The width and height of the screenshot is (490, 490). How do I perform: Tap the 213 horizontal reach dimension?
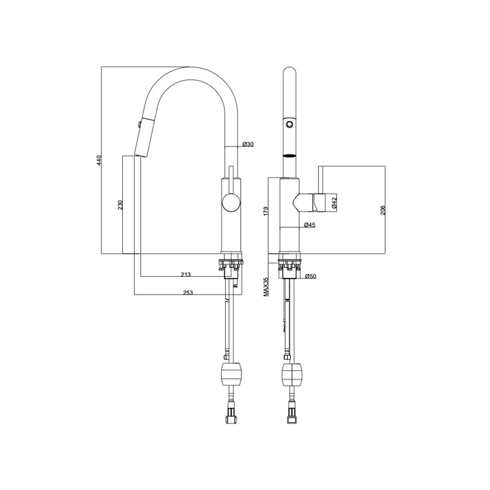coord(186,274)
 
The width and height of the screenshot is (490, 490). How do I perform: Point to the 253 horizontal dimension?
coord(188,292)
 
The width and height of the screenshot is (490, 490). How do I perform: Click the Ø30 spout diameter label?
coord(248,144)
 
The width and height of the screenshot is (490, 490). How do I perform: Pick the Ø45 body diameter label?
coord(310,225)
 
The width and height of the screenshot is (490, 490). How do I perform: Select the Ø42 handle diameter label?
coord(334,203)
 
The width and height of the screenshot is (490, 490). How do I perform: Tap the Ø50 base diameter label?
coord(311,276)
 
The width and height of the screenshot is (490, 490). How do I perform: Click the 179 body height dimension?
coord(266,211)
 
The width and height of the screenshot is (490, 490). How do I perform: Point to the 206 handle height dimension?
coord(382,209)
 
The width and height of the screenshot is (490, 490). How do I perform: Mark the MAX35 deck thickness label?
coord(266,286)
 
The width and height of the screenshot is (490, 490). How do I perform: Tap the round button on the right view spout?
coord(290,123)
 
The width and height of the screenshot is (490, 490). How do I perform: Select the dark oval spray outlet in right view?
coord(290,156)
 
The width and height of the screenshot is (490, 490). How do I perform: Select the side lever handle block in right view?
coord(319,203)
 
